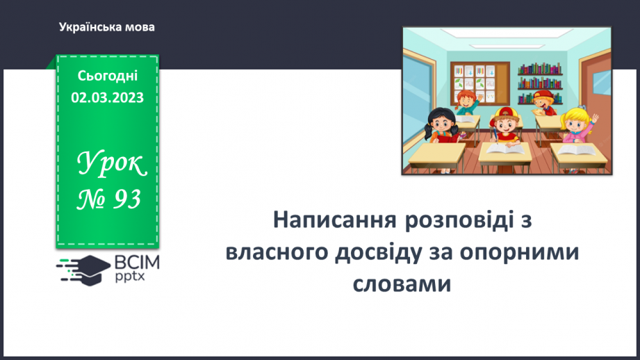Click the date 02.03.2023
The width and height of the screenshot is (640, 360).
tap(107, 98)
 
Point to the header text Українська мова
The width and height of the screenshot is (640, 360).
tap(107, 27)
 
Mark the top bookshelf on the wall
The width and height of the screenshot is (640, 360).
tap(539, 69)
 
